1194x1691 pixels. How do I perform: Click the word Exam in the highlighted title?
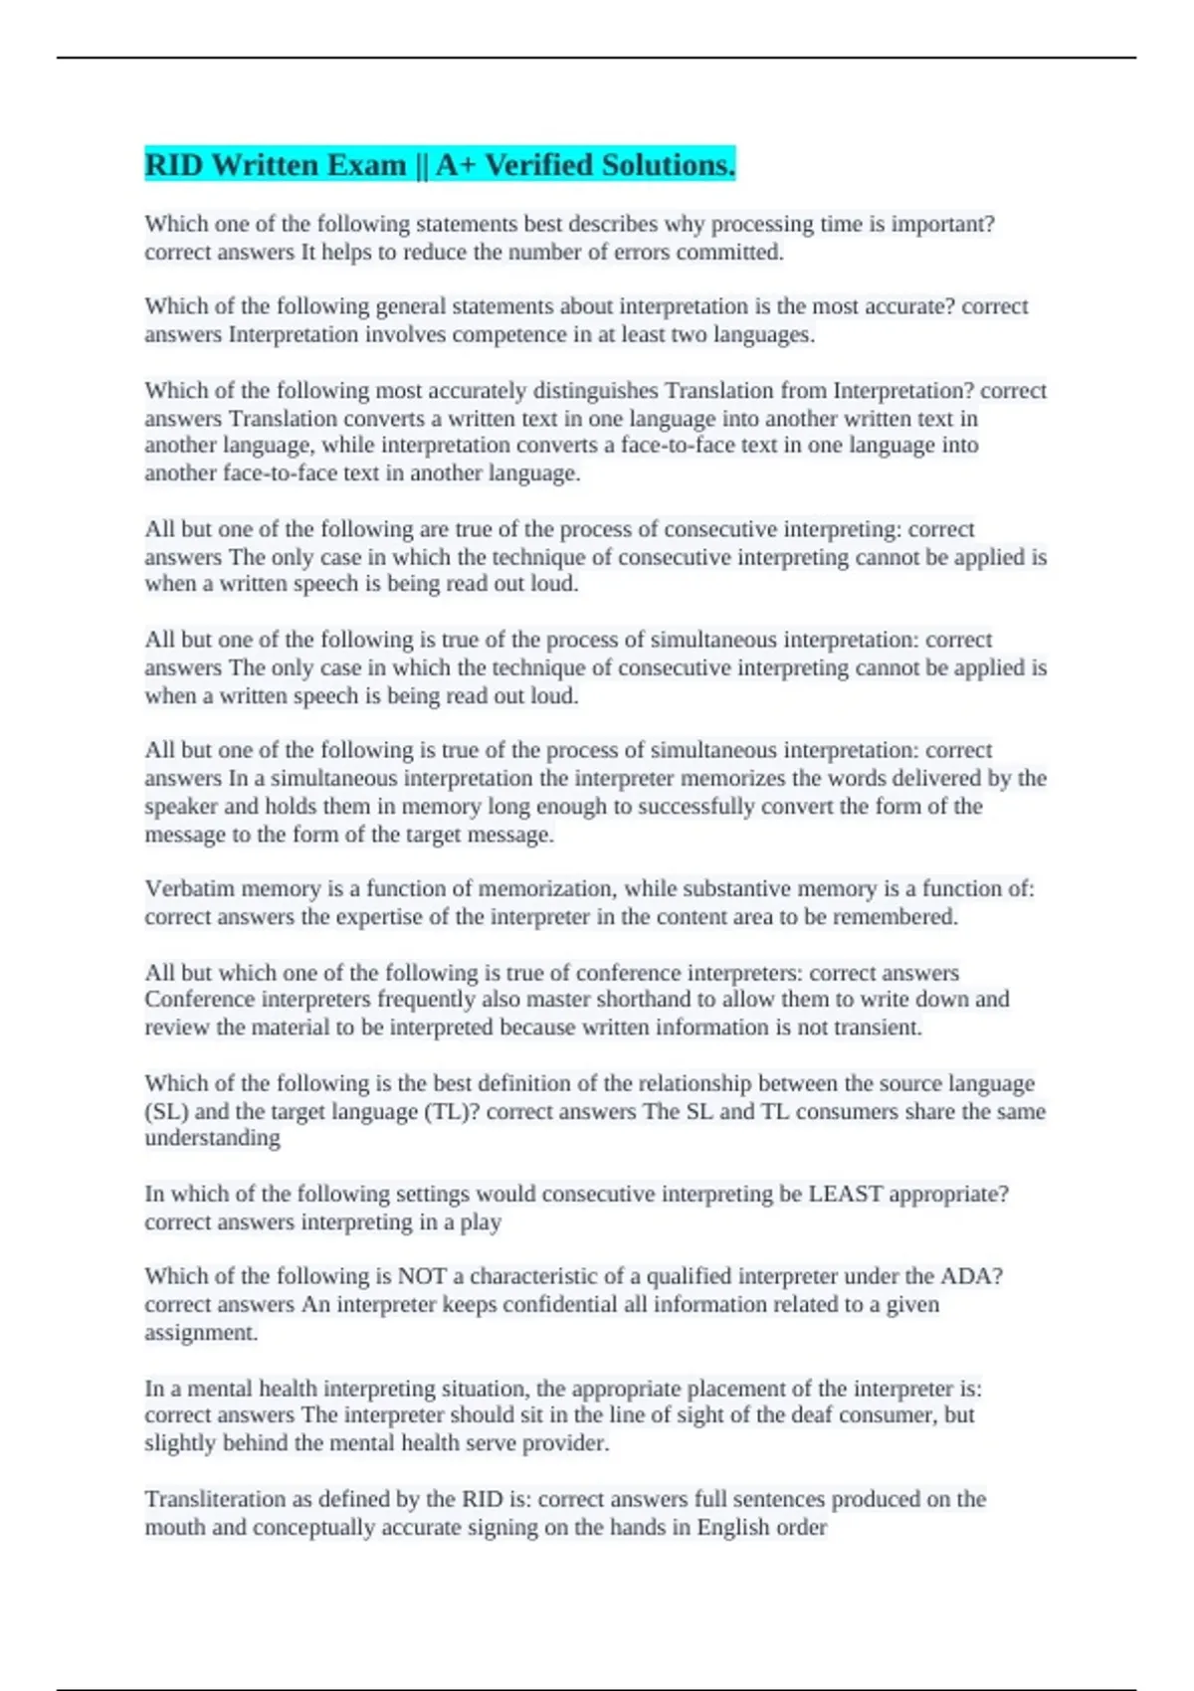[359, 165]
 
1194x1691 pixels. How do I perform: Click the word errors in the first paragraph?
[638, 253]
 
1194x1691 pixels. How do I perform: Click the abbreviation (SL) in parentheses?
[166, 1111]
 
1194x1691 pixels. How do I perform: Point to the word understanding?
[212, 1138]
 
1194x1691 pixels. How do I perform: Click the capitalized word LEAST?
[845, 1194]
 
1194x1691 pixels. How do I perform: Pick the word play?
[481, 1222]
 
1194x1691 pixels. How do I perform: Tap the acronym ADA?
[969, 1276]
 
